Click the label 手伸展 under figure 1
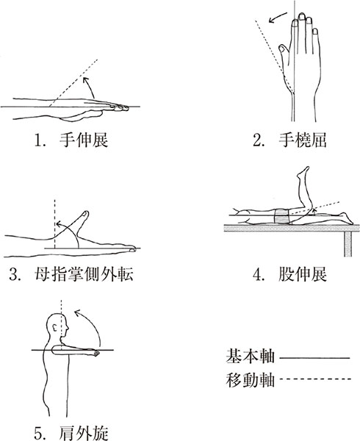[84, 140]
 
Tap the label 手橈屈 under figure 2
[303, 140]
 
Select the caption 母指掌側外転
[84, 274]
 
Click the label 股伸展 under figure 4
[303, 274]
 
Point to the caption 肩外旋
[84, 433]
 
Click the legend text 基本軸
[250, 356]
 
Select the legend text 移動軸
[250, 380]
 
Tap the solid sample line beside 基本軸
[314, 358]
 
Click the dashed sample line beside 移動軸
[315, 379]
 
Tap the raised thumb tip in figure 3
[85, 215]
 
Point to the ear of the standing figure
[55, 327]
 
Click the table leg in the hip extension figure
[348, 243]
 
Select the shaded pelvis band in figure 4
[281, 216]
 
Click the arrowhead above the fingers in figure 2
[271, 21]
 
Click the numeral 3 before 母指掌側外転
[13, 275]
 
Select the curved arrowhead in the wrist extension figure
[85, 79]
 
